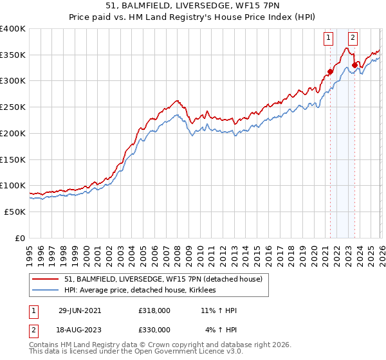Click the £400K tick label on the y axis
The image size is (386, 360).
13,29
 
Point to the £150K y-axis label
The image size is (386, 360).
13,159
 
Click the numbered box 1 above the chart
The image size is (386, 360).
329,38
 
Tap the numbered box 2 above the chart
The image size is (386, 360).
353,38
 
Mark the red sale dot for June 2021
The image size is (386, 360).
330,71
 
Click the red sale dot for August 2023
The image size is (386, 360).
354,65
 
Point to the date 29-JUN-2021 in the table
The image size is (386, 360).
80,310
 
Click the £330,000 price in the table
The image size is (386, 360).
154,330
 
